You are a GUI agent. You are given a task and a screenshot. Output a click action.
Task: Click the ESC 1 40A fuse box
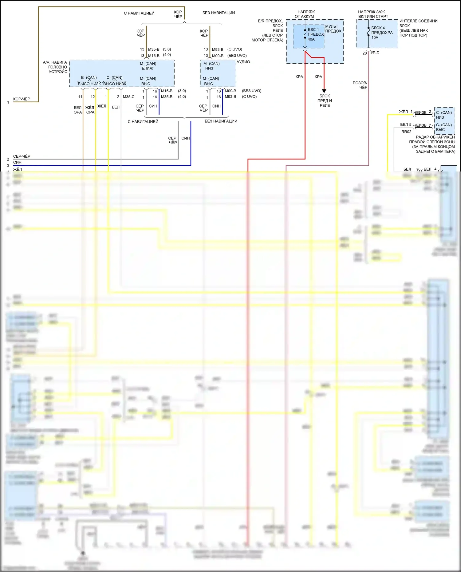[309, 36]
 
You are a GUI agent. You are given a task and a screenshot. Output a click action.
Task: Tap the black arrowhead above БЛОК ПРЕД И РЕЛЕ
[324, 91]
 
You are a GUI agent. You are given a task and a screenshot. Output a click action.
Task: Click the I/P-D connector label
[375, 53]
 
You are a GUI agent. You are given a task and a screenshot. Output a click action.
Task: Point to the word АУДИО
[243, 62]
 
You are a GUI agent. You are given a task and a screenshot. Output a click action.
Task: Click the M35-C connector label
[128, 97]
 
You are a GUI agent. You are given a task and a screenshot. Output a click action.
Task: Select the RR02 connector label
[406, 132]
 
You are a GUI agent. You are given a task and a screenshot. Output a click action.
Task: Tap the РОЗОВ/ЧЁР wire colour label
[360, 85]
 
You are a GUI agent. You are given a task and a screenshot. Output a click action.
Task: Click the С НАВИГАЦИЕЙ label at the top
[139, 13]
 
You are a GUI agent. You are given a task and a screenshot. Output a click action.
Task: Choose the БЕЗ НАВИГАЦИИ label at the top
[219, 13]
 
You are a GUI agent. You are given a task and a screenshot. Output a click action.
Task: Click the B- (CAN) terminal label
[89, 77]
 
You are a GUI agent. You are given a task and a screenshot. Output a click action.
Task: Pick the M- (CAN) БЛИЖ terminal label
[148, 66]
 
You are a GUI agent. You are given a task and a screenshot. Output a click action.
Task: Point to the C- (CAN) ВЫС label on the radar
[443, 127]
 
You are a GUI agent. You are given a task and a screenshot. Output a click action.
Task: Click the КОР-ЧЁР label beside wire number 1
[22, 99]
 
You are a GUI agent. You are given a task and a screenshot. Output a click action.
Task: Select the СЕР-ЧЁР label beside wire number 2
[22, 156]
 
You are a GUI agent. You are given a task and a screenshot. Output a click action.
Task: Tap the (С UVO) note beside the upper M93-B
[234, 49]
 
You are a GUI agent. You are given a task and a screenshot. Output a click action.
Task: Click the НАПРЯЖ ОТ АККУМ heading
[305, 14]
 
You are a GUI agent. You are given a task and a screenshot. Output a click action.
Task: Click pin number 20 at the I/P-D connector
[364, 53]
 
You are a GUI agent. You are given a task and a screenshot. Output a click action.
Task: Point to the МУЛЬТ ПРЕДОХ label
[333, 29]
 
